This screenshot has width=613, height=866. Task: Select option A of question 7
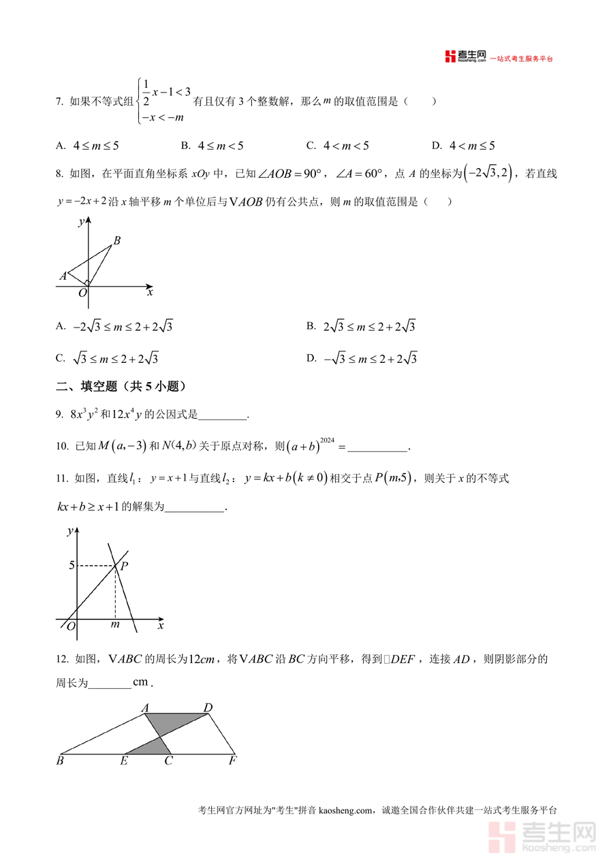click(x=88, y=146)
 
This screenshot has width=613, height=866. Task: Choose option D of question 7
click(x=463, y=146)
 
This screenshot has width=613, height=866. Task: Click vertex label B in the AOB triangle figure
click(x=117, y=240)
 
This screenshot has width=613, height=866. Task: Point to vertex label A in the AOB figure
click(x=63, y=276)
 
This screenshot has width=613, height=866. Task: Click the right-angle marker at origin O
click(x=87, y=283)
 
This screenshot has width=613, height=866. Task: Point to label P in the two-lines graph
click(x=125, y=565)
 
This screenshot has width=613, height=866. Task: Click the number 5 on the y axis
click(x=72, y=565)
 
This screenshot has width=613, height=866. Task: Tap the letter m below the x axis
click(x=115, y=624)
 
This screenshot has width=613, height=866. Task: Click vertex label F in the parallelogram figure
click(x=232, y=761)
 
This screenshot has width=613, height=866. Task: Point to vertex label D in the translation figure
click(x=208, y=708)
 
